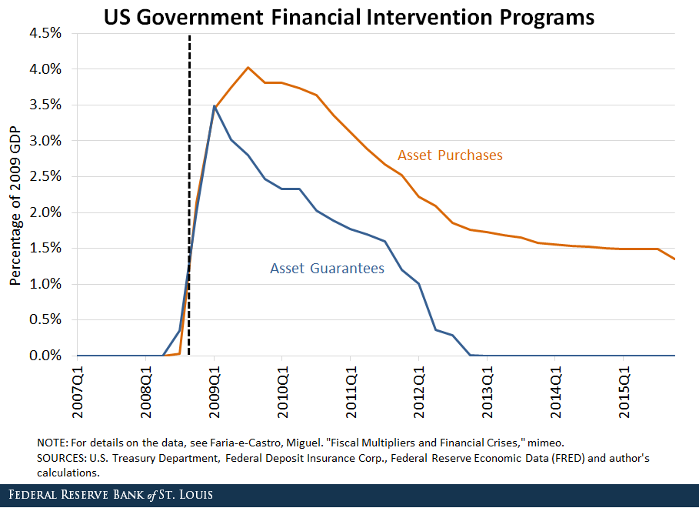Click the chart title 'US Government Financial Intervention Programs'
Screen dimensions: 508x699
349,16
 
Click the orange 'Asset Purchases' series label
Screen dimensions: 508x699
450,155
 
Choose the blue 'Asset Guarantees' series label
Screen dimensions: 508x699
327,269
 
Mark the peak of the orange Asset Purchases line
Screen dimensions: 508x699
248,68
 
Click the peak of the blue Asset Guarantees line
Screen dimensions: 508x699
214,106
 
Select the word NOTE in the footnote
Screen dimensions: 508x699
52,443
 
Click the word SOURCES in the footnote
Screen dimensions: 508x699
60,459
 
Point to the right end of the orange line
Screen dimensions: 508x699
674,259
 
